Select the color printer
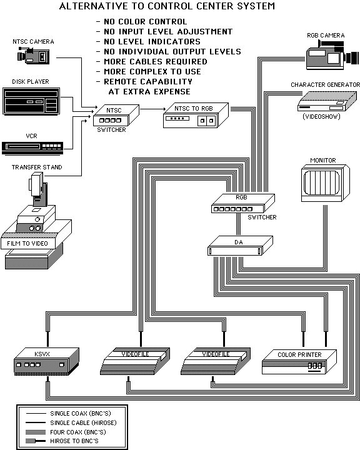(x=300, y=362)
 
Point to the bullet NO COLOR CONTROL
(x=141, y=22)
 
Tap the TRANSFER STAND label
(x=32, y=167)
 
